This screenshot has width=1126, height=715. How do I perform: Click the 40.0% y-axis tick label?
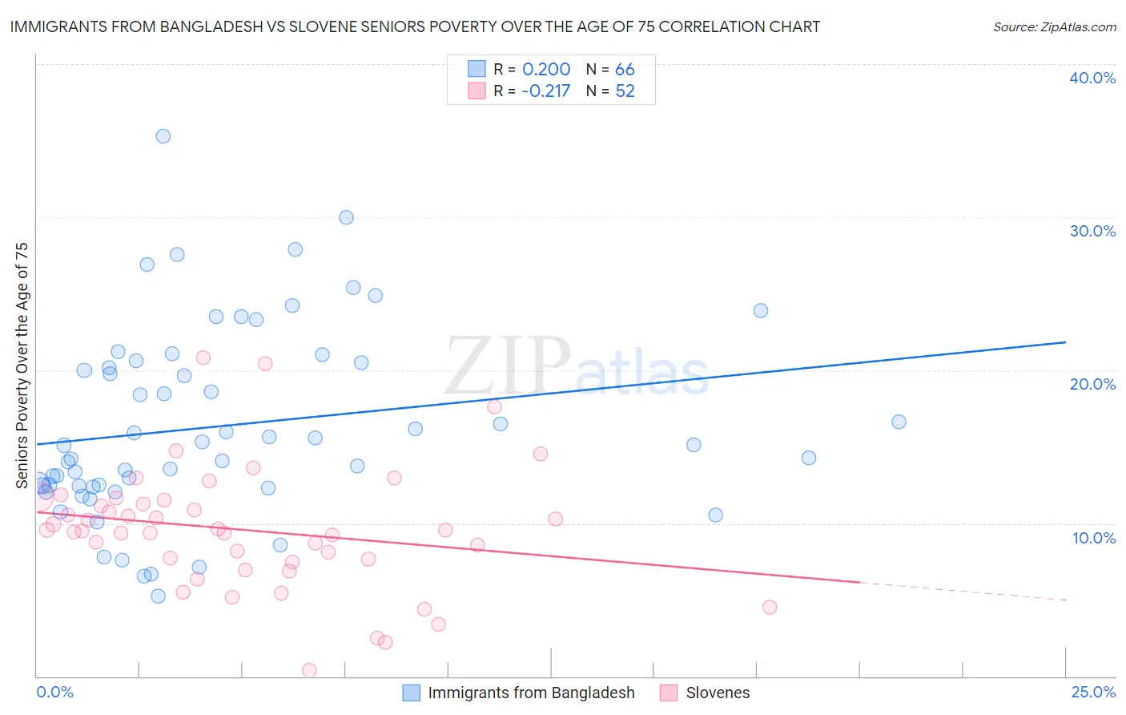point(1092,78)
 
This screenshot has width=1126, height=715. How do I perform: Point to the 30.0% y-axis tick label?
point(1092,231)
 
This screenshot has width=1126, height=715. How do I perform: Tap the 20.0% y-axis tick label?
point(1092,384)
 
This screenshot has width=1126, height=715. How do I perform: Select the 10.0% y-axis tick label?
point(1094,538)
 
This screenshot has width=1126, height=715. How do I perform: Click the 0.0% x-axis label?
point(54,692)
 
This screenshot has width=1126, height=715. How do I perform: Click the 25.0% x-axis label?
point(1093,692)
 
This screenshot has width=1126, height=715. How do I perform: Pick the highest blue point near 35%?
point(163,136)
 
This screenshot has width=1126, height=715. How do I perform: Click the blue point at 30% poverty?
point(346,217)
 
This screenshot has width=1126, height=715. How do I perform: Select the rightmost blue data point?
point(899,422)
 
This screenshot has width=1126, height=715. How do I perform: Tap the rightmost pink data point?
point(770,607)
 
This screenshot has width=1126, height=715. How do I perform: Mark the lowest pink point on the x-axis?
point(309,670)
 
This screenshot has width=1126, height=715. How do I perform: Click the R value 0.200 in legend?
point(546,70)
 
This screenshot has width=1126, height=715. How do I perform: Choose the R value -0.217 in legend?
point(545,91)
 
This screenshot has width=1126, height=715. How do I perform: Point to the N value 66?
point(625,70)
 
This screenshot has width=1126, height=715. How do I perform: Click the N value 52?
point(625,91)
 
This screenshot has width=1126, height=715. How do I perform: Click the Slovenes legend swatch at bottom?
point(669,693)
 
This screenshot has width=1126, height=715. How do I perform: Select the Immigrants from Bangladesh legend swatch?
point(411,693)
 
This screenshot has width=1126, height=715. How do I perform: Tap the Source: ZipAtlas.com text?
point(1054,27)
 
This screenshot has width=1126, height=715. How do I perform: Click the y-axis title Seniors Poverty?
point(22,366)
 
